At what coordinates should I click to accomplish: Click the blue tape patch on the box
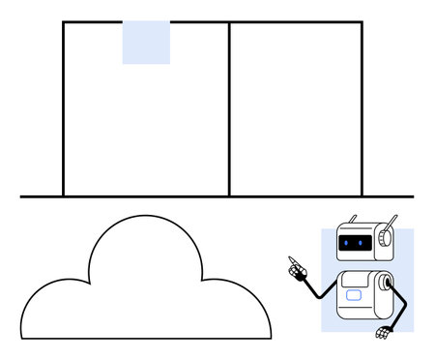click(146, 43)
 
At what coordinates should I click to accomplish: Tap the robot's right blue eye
click(361, 242)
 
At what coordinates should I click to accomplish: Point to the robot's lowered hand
click(384, 334)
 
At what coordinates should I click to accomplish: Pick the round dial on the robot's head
click(386, 236)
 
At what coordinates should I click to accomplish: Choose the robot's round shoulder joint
click(385, 284)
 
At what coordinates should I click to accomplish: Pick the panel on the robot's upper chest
click(357, 282)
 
